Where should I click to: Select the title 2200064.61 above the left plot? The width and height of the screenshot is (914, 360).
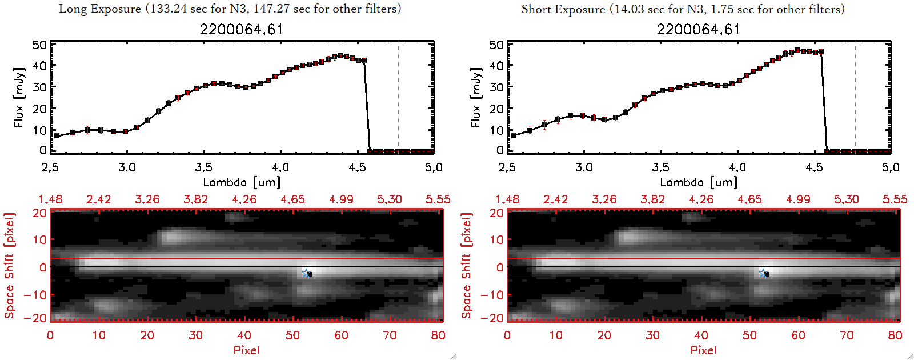(241, 29)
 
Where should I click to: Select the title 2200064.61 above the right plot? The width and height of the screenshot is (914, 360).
(698, 29)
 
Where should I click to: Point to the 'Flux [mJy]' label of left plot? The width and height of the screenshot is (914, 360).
(19, 97)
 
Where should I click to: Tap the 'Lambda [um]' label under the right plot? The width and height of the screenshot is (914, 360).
(699, 182)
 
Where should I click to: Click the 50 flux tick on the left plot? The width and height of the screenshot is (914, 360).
(39, 45)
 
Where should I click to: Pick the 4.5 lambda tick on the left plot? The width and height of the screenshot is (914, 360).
(357, 167)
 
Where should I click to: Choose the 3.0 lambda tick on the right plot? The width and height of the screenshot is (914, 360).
(584, 167)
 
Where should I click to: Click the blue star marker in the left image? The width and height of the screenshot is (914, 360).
(306, 273)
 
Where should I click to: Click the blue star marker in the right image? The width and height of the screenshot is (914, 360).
(763, 273)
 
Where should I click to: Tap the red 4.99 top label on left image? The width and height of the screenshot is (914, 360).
(341, 199)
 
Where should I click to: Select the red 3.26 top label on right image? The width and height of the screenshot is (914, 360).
(604, 199)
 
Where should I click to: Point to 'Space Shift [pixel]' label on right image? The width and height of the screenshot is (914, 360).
(467, 265)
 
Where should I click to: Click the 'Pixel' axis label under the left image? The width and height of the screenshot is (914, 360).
(246, 350)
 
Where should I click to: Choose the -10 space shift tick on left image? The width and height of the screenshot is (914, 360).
(35, 294)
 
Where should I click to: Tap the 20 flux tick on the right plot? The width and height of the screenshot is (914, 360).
(496, 109)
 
